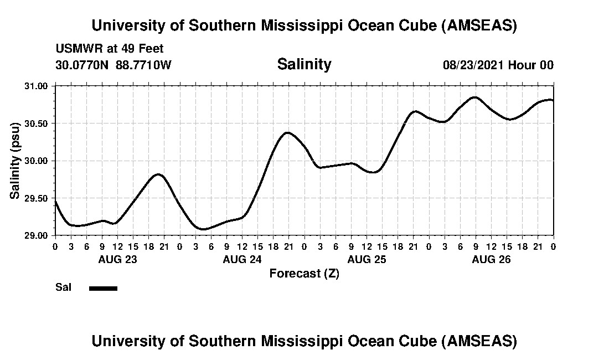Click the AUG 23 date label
tap(117, 259)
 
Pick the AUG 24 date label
tap(242, 259)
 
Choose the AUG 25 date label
tap(367, 259)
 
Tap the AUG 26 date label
tap(491, 259)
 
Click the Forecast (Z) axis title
tap(304, 274)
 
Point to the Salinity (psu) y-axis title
tap(15, 161)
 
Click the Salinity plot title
tap(304, 64)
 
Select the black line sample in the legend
tap(103, 288)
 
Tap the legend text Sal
tap(63, 287)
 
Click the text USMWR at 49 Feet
tap(110, 49)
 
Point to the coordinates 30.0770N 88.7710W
tap(113, 65)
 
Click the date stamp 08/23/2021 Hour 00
tap(498, 65)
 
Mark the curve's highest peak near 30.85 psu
tap(474, 97)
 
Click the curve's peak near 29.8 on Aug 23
tap(158, 174)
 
